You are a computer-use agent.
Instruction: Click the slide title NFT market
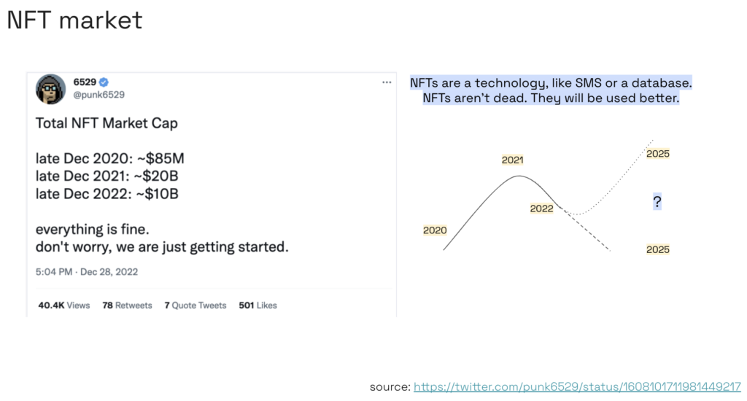[x=75, y=20]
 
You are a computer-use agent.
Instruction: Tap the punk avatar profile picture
[x=50, y=88]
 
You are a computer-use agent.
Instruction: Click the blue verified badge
[x=104, y=82]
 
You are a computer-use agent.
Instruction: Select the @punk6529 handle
[x=99, y=95]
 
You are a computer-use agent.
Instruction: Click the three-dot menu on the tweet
[x=387, y=82]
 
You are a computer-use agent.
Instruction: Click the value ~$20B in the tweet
[x=156, y=176]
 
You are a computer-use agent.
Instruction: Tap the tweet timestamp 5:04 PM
[x=54, y=272]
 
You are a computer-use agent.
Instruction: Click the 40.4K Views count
[x=64, y=305]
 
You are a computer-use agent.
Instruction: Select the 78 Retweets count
[x=127, y=305]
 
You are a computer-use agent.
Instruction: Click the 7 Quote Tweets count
[x=196, y=305]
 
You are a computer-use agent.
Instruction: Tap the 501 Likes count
[x=258, y=305]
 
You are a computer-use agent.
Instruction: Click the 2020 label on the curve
[x=435, y=230]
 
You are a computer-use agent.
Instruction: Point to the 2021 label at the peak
[x=513, y=160]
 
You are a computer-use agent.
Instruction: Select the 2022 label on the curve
[x=542, y=209]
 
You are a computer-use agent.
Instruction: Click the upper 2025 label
[x=658, y=154]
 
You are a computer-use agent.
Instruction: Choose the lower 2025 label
[x=658, y=249]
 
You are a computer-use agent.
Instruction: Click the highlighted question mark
[x=657, y=202]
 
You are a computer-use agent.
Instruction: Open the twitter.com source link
[x=577, y=386]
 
